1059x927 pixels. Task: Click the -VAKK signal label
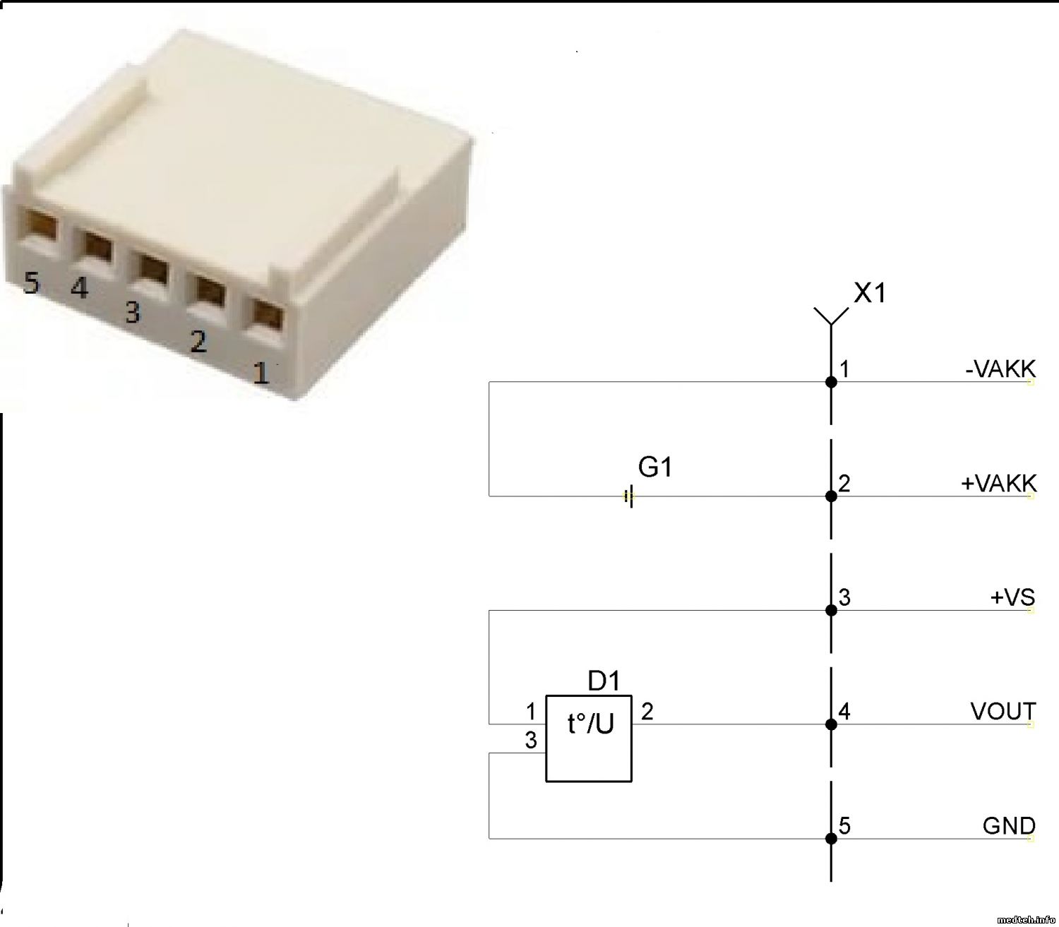click(1000, 369)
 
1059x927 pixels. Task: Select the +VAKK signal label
click(998, 484)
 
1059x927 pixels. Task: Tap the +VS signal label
click(1012, 597)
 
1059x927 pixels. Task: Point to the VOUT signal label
click(1003, 712)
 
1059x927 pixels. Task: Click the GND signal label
click(1009, 825)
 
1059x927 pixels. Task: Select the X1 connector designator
click(869, 292)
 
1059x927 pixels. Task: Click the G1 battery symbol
click(629, 496)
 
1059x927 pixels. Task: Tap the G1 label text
click(654, 467)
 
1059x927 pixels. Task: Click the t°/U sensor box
click(589, 738)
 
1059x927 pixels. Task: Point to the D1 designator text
click(604, 681)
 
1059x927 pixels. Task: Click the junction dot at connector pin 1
click(831, 382)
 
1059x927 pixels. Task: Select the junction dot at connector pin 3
click(831, 610)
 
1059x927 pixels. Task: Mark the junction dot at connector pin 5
click(831, 839)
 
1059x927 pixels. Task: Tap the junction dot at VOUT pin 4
click(831, 724)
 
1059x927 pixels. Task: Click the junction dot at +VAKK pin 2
click(831, 496)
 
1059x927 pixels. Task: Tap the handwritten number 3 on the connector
click(133, 311)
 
